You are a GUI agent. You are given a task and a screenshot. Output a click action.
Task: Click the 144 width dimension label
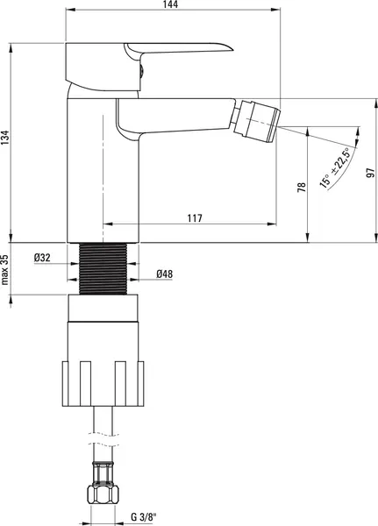pos(170,4)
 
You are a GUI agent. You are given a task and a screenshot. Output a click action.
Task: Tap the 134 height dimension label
pos(4,138)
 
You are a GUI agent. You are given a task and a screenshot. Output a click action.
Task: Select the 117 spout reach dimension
pos(195,218)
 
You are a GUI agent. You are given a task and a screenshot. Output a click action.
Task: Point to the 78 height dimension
pos(302,188)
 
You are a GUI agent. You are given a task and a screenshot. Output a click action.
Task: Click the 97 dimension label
pos(370,173)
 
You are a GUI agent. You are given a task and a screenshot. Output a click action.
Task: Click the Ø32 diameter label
pos(42,258)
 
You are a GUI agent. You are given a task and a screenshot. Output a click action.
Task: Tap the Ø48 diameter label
pos(165,274)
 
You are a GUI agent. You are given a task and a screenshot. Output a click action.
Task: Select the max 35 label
pos(4,269)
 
